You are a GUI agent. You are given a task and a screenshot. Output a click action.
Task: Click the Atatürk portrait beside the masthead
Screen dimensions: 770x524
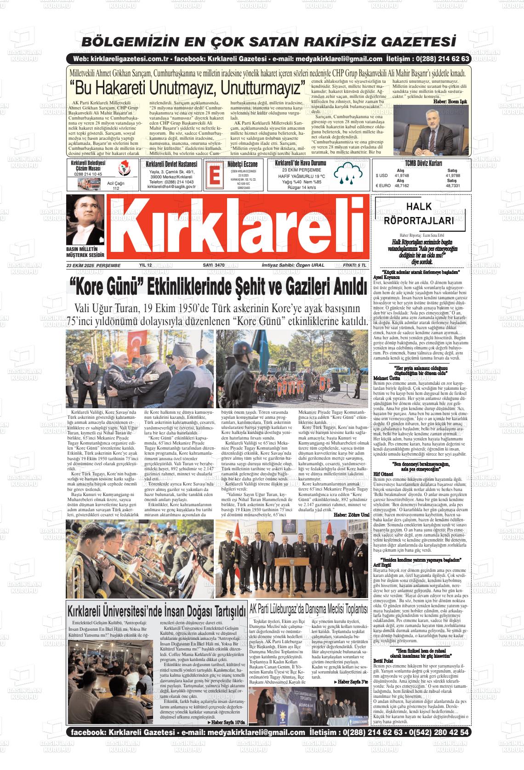coord(85,219)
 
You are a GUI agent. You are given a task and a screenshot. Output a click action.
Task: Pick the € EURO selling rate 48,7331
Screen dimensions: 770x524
coord(452,186)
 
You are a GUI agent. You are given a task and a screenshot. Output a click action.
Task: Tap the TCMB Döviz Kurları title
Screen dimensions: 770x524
coord(423,164)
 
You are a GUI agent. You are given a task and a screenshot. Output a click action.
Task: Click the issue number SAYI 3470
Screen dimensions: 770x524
coord(213,265)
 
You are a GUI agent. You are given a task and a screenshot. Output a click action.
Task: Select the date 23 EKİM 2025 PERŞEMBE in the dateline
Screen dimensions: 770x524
coord(93,265)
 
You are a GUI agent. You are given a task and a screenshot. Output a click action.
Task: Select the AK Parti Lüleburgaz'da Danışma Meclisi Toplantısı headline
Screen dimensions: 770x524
coord(308,610)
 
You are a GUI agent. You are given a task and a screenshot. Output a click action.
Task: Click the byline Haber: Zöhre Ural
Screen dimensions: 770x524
coord(352,514)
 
